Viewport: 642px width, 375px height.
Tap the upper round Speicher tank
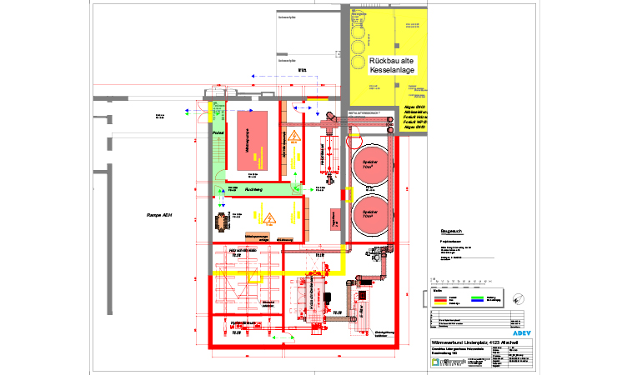[x=370, y=162]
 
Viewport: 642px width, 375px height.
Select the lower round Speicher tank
[x=370, y=212]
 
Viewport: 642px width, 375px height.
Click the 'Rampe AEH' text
[x=159, y=215]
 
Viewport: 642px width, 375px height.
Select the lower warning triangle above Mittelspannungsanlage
[x=270, y=219]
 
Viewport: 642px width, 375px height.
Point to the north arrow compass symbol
[x=519, y=298]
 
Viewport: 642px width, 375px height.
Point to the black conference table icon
[x=222, y=220]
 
